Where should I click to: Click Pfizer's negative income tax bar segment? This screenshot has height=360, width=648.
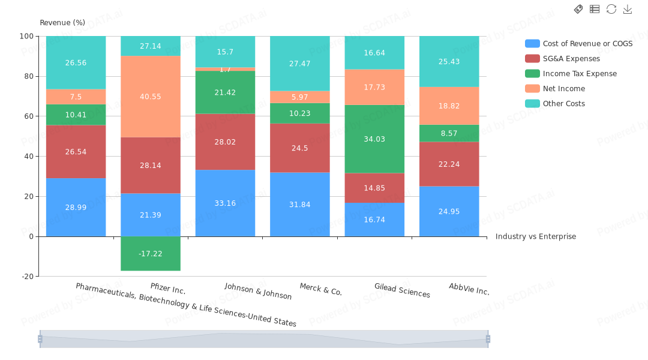(151, 254)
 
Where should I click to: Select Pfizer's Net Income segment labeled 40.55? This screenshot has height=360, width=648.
(151, 97)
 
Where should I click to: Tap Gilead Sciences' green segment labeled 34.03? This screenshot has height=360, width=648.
(374, 139)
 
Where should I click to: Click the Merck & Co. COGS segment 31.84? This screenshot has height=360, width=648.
(300, 205)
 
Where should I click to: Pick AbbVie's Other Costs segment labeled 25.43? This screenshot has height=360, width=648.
(449, 61)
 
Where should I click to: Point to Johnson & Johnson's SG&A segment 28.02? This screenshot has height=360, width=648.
(225, 142)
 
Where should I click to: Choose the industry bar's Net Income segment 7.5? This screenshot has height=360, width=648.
(76, 97)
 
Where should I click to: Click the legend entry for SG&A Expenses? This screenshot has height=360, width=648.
(571, 59)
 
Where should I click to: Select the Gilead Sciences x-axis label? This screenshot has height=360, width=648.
(402, 290)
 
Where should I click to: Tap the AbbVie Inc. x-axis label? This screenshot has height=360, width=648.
(469, 289)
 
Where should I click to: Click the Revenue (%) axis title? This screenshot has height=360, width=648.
(62, 23)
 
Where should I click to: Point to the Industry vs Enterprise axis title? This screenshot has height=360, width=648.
(535, 236)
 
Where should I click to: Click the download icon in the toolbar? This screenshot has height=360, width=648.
(628, 9)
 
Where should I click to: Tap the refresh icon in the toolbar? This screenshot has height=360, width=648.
(611, 9)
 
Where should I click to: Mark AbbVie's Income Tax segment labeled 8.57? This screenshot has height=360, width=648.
(449, 133)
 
